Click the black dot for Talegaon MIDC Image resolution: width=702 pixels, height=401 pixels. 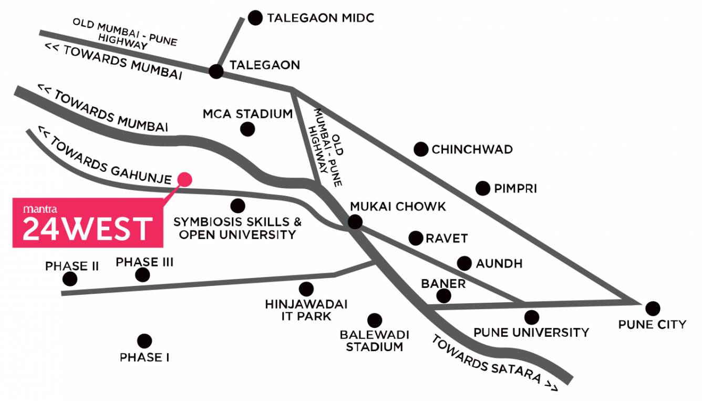(x=255, y=18)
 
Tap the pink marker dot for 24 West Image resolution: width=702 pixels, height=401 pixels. (x=184, y=179)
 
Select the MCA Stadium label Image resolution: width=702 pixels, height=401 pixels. (x=248, y=114)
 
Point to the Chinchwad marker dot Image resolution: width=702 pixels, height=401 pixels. (x=420, y=149)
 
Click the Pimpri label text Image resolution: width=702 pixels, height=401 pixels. (x=515, y=188)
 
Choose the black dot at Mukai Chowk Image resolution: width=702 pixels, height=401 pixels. (x=355, y=222)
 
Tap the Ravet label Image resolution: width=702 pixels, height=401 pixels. (x=446, y=239)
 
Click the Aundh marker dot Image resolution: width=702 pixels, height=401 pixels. (x=464, y=263)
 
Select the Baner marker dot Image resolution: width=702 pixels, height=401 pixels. (x=444, y=296)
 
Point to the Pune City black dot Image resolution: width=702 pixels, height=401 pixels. (x=653, y=309)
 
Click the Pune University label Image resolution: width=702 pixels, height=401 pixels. (x=531, y=333)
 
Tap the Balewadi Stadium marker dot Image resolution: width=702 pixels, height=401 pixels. (x=375, y=320)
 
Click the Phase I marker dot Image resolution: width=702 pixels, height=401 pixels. (x=144, y=341)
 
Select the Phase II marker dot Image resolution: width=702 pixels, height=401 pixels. (x=69, y=279)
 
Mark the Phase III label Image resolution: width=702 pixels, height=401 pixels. (x=144, y=262)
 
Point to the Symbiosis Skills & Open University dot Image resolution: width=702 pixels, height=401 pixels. (x=238, y=205)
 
